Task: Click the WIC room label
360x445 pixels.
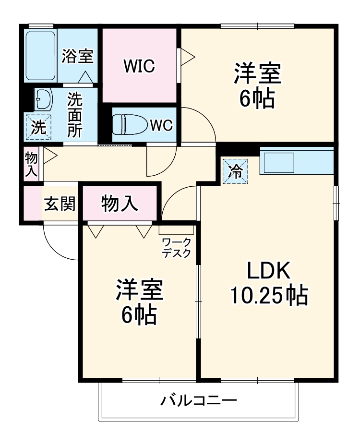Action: (139, 66)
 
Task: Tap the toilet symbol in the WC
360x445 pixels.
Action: (129, 125)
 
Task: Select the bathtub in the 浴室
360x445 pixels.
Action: (41, 56)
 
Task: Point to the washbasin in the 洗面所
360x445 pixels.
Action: (44, 100)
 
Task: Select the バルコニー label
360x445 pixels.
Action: (199, 400)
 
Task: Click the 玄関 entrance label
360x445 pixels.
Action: (60, 204)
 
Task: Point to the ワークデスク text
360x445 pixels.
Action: (176, 248)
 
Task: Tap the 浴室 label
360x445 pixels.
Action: (77, 56)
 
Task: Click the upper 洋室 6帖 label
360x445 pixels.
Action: (257, 86)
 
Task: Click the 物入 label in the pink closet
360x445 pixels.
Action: (120, 204)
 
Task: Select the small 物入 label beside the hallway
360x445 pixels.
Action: (31, 165)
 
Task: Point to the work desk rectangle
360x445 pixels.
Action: (176, 229)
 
